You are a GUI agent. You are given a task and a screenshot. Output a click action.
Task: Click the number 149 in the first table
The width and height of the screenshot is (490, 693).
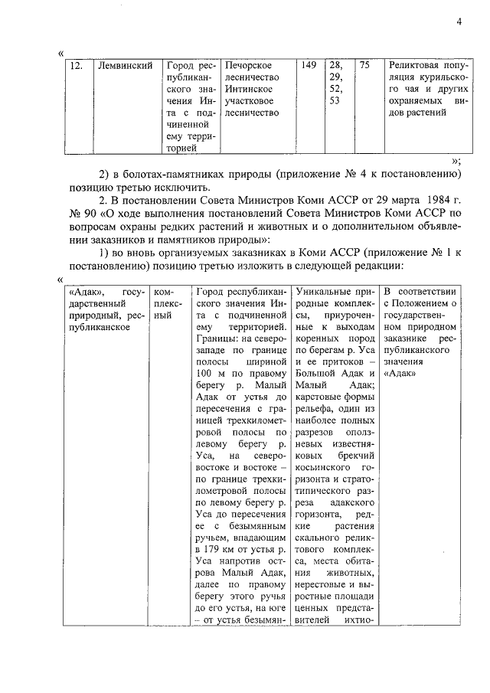(x=309, y=66)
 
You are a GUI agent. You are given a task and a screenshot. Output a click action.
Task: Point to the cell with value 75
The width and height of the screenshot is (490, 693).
(x=364, y=66)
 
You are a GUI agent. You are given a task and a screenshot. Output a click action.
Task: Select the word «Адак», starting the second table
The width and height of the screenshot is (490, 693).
(x=83, y=292)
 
